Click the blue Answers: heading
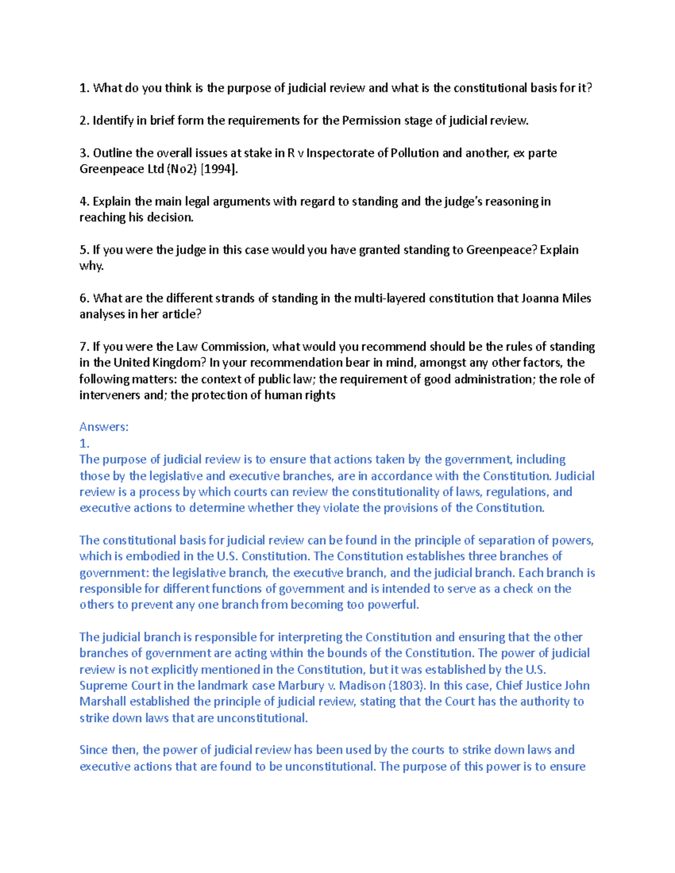tap(104, 427)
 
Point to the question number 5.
tap(84, 250)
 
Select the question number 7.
tap(84, 347)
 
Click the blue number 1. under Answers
tap(84, 444)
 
